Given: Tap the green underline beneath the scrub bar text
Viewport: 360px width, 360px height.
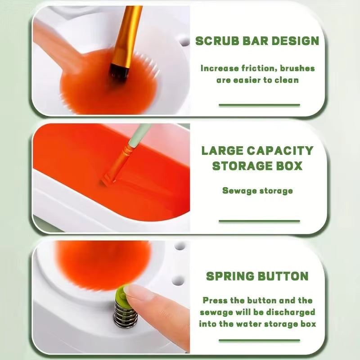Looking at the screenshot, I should tap(259, 105).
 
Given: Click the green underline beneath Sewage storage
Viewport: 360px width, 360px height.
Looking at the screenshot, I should tap(259, 221).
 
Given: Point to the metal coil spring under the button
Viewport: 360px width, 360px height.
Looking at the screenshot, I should tap(122, 312).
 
